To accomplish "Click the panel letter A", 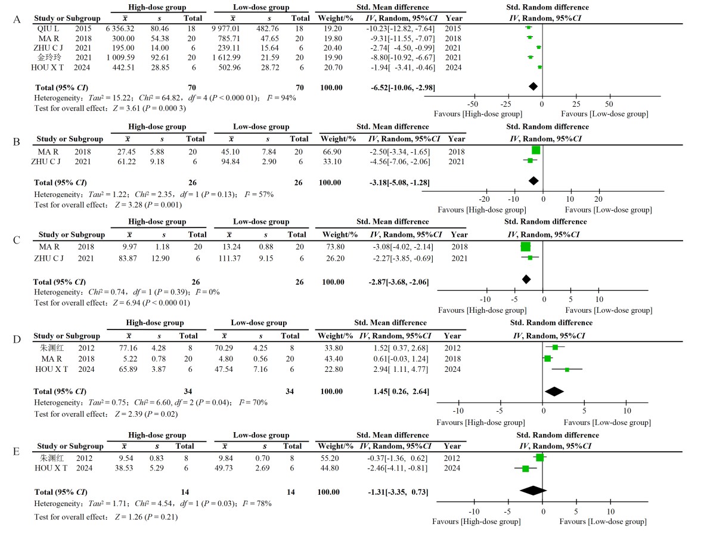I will pyautogui.click(x=17, y=19).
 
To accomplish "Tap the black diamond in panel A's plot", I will pyautogui.click(x=533, y=87).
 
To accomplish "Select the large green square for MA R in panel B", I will pyautogui.click(x=535, y=150).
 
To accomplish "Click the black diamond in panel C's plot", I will pyautogui.click(x=526, y=279).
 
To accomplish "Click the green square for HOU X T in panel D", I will pyautogui.click(x=567, y=369).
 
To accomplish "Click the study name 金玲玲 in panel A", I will pyautogui.click(x=51, y=57).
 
